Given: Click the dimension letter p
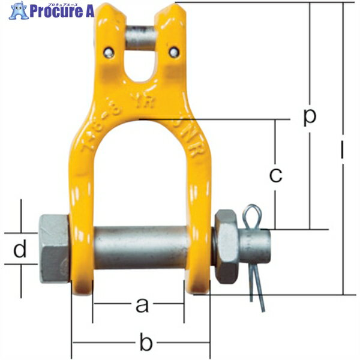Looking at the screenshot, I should (x=308, y=117).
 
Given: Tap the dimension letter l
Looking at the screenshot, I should (x=342, y=154).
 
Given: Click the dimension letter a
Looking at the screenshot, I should (x=142, y=305).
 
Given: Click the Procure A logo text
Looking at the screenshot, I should (x=57, y=10).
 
